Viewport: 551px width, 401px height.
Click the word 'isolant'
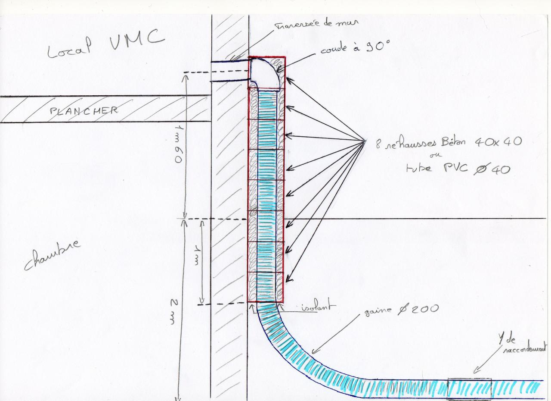coord(317,307)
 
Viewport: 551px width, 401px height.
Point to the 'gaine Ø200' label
coord(401,310)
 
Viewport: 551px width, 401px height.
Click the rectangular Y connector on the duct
coord(469,388)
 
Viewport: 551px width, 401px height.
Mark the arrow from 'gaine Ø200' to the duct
coord(336,332)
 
